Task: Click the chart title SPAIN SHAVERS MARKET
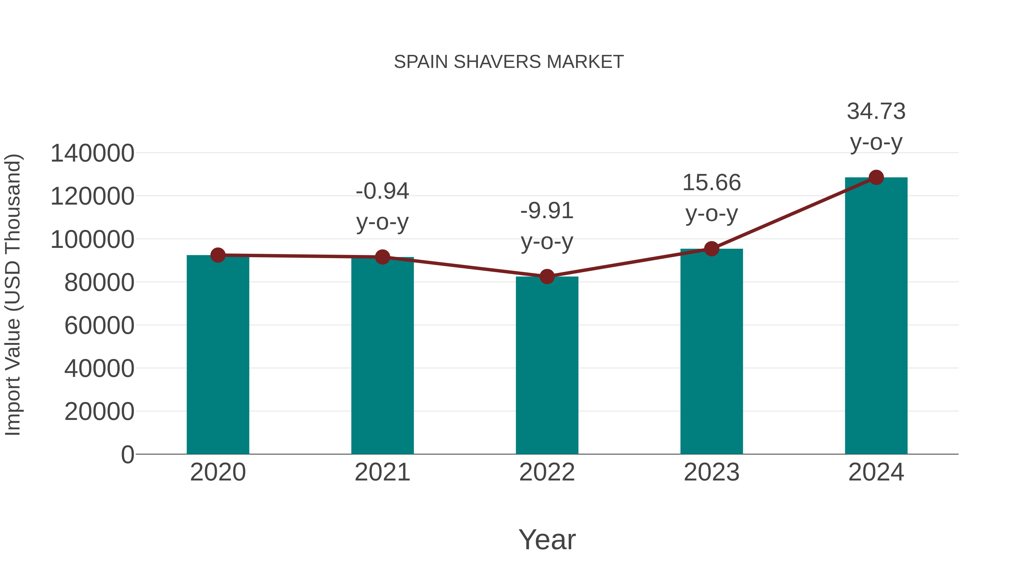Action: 509,62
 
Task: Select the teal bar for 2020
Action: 218,356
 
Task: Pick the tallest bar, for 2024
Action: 876,316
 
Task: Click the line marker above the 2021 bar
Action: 382,257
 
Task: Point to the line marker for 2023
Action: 711,249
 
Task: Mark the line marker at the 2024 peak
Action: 876,177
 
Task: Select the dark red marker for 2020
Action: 218,255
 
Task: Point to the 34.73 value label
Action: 876,111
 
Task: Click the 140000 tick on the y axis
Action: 92,153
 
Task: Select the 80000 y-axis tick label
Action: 99,283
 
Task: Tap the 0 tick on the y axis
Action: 128,455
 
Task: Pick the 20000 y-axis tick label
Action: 99,412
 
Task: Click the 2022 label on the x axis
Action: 547,473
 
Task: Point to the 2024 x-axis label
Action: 876,473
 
